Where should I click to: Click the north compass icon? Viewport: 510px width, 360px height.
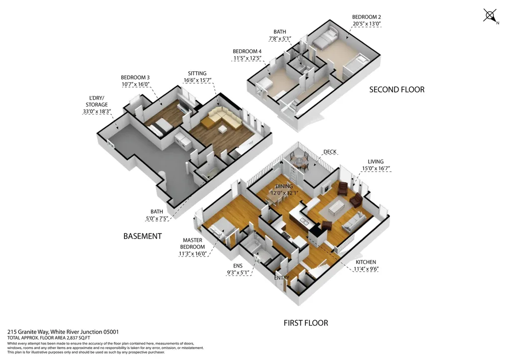click(491, 16)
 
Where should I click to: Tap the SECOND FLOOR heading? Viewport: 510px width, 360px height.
click(396, 90)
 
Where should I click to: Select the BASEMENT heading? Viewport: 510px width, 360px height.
click(142, 236)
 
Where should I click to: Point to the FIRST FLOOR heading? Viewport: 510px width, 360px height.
click(306, 323)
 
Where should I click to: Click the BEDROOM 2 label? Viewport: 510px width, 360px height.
click(366, 16)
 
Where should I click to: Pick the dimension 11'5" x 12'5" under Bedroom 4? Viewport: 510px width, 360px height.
click(248, 58)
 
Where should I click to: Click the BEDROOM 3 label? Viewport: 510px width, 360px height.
click(135, 78)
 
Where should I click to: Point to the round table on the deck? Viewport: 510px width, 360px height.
click(300, 160)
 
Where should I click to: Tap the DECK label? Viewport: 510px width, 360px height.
click(330, 152)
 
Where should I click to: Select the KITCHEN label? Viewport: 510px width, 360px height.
click(366, 262)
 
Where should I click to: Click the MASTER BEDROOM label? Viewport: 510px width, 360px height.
click(192, 244)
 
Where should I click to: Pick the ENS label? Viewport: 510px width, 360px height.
click(238, 266)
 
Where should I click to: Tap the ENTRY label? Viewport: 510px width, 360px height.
click(281, 278)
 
